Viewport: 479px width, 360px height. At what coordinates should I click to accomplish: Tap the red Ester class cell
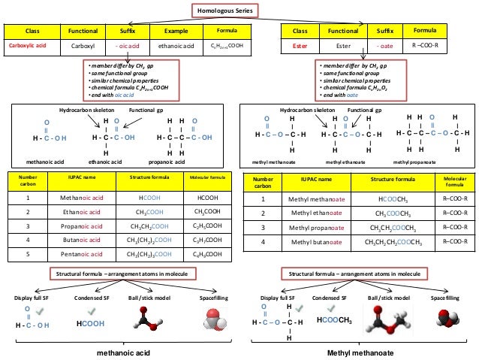(300, 46)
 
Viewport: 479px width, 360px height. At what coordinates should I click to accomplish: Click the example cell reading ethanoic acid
(176, 45)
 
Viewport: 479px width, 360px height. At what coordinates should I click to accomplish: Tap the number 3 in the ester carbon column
(263, 226)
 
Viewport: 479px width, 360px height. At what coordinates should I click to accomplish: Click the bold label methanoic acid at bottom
(122, 352)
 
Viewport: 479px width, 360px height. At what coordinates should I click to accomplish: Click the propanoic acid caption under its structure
(180, 161)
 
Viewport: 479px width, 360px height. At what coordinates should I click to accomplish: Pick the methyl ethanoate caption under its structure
(344, 161)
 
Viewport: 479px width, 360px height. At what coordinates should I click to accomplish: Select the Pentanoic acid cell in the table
(80, 253)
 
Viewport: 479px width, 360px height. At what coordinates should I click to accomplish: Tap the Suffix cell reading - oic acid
(126, 45)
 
